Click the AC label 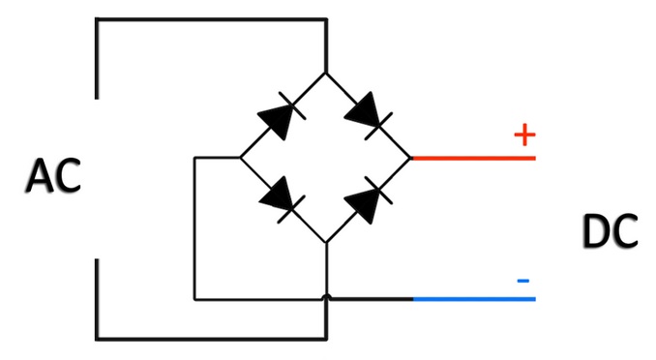pyautogui.click(x=53, y=176)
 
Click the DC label pyautogui.click(x=610, y=231)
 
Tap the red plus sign pyautogui.click(x=524, y=135)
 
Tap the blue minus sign pyautogui.click(x=523, y=281)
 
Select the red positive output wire pyautogui.click(x=473, y=158)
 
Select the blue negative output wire pyautogui.click(x=474, y=299)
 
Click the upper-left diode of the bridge pyautogui.click(x=282, y=115)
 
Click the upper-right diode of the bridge pyautogui.click(x=369, y=115)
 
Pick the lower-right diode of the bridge pyautogui.click(x=369, y=200)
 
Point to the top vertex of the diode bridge pyautogui.click(x=326, y=73)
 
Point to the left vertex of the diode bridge pyautogui.click(x=241, y=158)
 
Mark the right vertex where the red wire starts pyautogui.click(x=411, y=158)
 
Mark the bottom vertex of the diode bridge pyautogui.click(x=326, y=243)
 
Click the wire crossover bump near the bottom pyautogui.click(x=326, y=297)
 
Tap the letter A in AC pyautogui.click(x=40, y=176)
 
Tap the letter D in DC pyautogui.click(x=596, y=231)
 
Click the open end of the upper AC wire pyautogui.click(x=97, y=99)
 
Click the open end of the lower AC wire pyautogui.click(x=97, y=259)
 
